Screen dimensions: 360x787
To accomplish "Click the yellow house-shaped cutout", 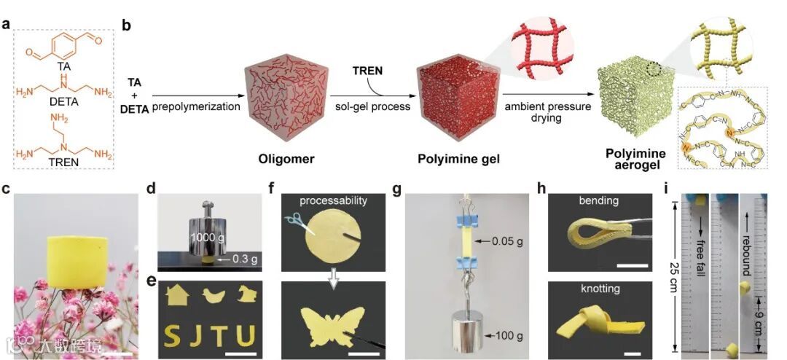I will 175,295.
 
